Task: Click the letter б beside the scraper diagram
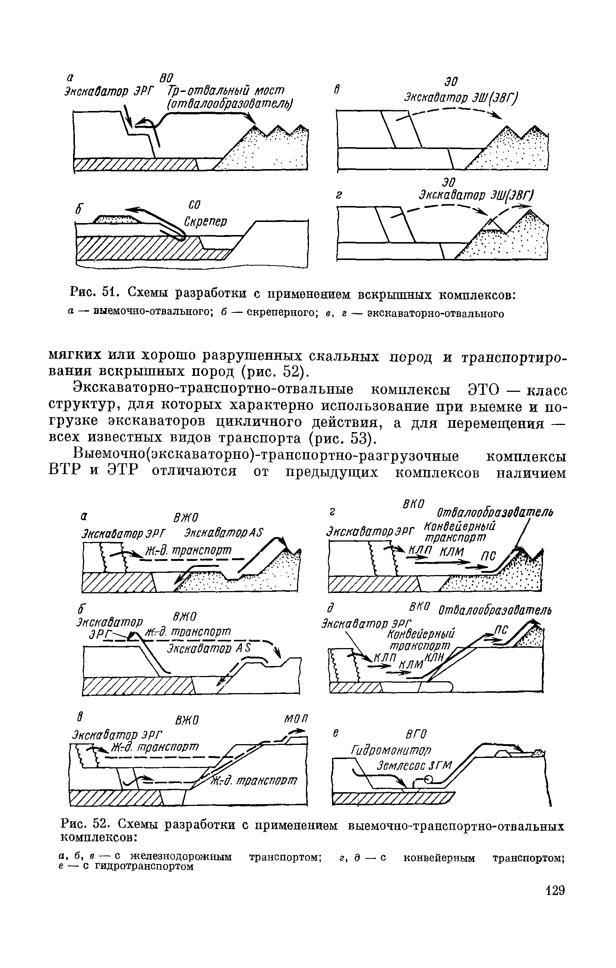tap(79, 210)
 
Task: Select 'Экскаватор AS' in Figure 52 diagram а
tap(223, 533)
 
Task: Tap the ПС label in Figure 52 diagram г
tap(487, 556)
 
